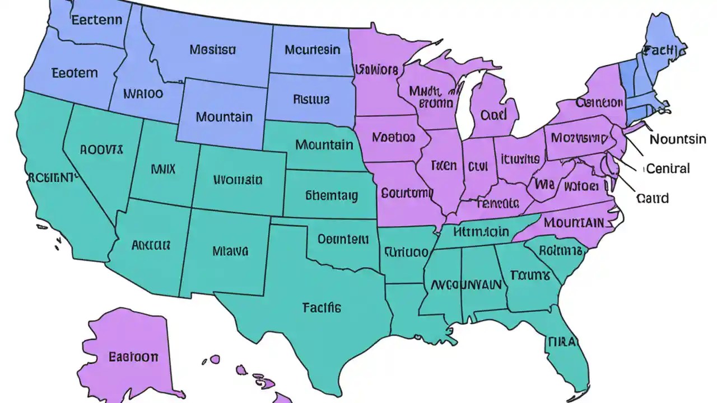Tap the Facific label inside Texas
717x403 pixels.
click(322, 307)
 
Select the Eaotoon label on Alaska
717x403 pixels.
click(133, 357)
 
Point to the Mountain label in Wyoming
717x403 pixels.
click(224, 118)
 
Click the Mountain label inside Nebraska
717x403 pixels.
click(324, 145)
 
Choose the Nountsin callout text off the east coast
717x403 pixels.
click(678, 139)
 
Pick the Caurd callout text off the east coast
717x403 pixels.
click(653, 198)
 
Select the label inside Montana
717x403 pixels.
click(212, 50)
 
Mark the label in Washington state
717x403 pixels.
click(97, 21)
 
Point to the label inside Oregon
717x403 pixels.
click(75, 73)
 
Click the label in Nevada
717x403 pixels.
click(101, 149)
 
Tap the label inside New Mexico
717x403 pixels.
click(230, 251)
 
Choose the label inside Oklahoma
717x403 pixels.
click(343, 239)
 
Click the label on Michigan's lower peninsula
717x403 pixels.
click(493, 115)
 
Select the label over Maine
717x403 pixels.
click(664, 51)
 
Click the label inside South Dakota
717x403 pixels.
click(311, 100)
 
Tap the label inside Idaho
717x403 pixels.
click(143, 93)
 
